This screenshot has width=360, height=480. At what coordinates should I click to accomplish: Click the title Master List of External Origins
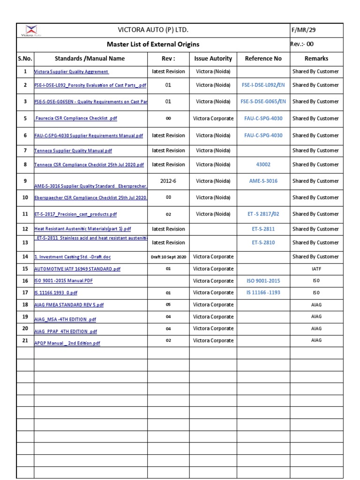(x=153, y=45)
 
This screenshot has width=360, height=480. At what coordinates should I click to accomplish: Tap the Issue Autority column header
(x=213, y=59)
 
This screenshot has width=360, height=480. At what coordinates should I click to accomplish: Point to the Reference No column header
(x=263, y=59)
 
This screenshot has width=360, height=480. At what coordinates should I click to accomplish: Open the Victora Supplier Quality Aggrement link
(x=72, y=72)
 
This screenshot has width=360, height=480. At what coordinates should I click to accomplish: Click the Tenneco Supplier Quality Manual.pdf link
(x=73, y=151)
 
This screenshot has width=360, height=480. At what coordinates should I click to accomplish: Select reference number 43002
(x=263, y=165)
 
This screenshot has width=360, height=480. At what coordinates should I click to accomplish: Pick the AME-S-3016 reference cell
(x=263, y=181)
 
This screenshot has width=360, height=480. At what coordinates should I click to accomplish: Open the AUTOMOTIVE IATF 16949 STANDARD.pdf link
(x=77, y=269)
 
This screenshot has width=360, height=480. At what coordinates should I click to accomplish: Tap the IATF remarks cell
(x=316, y=269)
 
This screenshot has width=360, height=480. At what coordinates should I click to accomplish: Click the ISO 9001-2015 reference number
(x=263, y=281)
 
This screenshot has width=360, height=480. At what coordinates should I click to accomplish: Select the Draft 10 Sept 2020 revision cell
(x=168, y=257)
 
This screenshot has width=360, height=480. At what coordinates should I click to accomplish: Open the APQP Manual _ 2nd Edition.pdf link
(x=67, y=343)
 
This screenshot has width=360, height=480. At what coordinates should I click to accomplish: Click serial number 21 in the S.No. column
(x=25, y=341)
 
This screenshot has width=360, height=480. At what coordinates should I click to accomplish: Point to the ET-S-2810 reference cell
(x=263, y=243)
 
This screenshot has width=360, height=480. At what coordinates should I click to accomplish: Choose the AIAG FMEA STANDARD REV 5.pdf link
(x=69, y=305)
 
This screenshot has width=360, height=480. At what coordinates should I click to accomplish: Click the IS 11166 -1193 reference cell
(x=263, y=292)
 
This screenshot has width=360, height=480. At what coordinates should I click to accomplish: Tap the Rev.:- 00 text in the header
(x=302, y=44)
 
